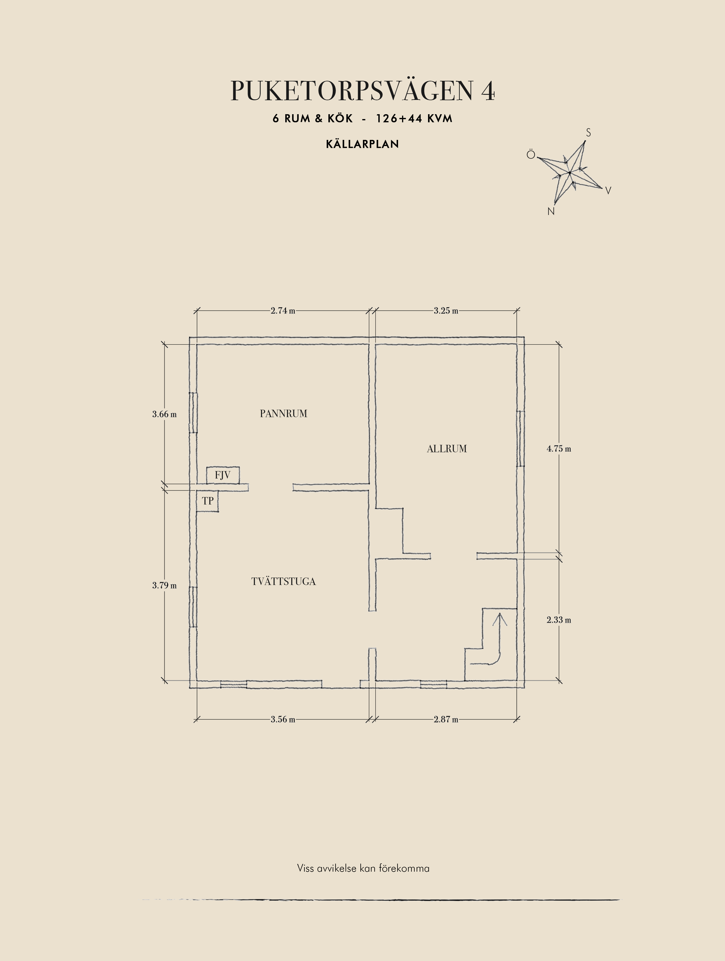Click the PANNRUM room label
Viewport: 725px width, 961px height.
(283, 414)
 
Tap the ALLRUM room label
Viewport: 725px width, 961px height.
(447, 449)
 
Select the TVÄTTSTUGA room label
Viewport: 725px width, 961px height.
(283, 581)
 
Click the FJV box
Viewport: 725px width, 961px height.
(223, 475)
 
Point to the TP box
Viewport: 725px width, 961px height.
(207, 501)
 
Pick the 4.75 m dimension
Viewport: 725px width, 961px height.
(559, 449)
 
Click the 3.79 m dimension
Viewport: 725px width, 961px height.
(164, 585)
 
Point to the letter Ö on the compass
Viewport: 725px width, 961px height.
(531, 155)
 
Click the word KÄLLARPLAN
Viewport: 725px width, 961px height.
(362, 144)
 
